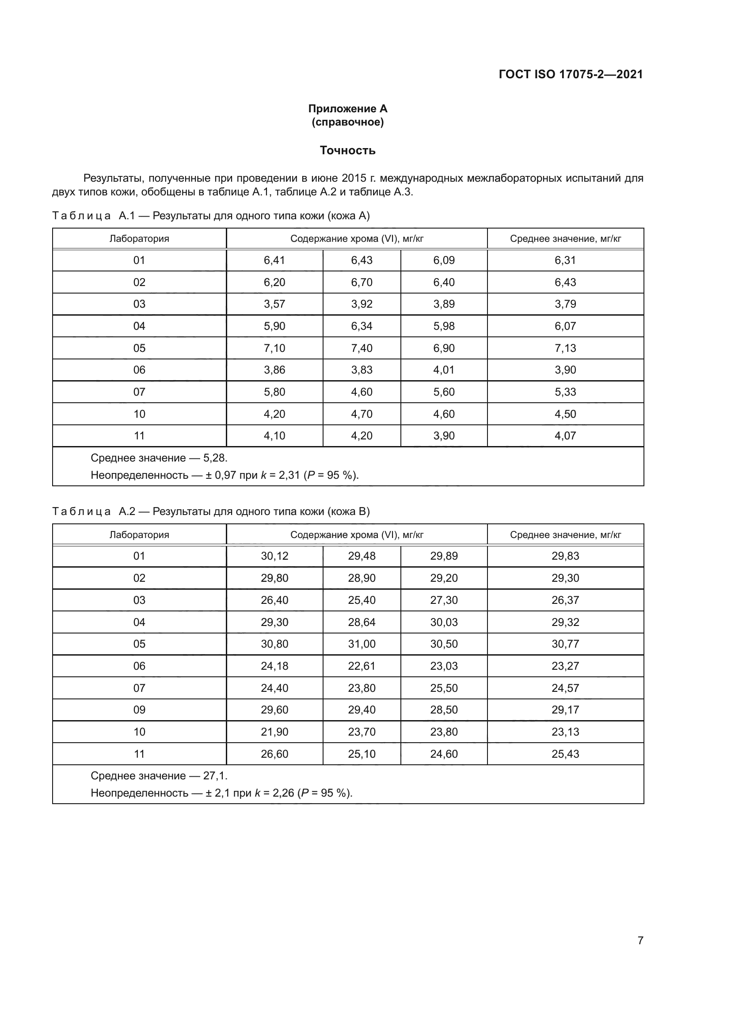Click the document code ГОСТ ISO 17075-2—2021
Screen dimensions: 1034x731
pos(570,74)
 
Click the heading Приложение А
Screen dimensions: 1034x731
pos(347,109)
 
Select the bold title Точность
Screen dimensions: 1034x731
pos(347,150)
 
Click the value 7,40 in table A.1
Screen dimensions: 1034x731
pos(362,348)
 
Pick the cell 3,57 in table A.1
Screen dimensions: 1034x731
pos(274,304)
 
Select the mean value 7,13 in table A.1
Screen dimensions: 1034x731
pos(565,348)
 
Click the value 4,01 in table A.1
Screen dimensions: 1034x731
pos(444,370)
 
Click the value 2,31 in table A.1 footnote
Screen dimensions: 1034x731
pos(289,475)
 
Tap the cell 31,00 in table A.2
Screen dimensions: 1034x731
pos(362,644)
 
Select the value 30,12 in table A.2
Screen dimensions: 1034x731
pos(274,556)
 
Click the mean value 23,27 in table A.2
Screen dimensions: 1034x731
pos(565,666)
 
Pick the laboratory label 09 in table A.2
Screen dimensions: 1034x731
pos(139,710)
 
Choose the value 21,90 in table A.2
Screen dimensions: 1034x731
pos(274,732)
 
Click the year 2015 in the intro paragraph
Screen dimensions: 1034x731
pos(354,178)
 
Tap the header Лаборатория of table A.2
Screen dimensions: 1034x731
pos(139,535)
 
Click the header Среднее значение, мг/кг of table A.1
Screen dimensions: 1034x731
pos(565,239)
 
